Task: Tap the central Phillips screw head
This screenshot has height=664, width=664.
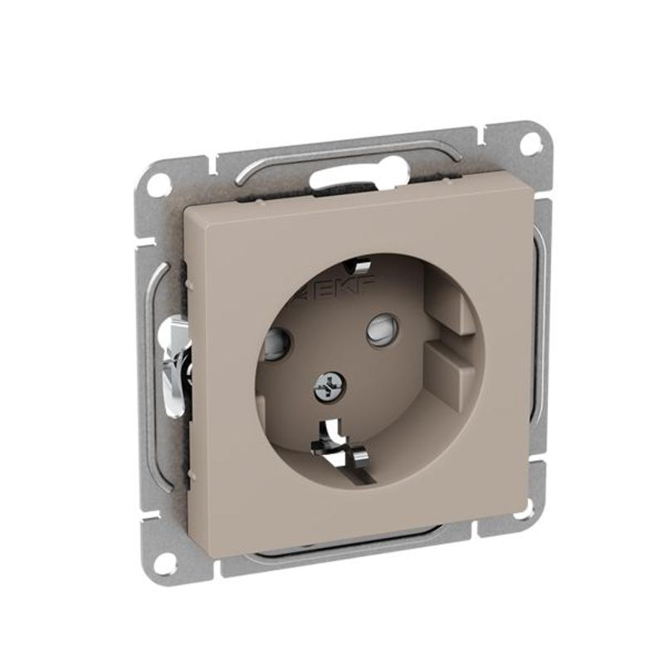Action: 330,387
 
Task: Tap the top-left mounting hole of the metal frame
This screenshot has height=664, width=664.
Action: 159,179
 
